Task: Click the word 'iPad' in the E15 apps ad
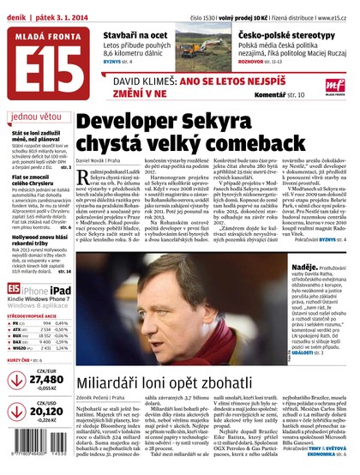coord(58,292)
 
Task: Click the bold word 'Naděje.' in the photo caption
coord(306,268)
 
